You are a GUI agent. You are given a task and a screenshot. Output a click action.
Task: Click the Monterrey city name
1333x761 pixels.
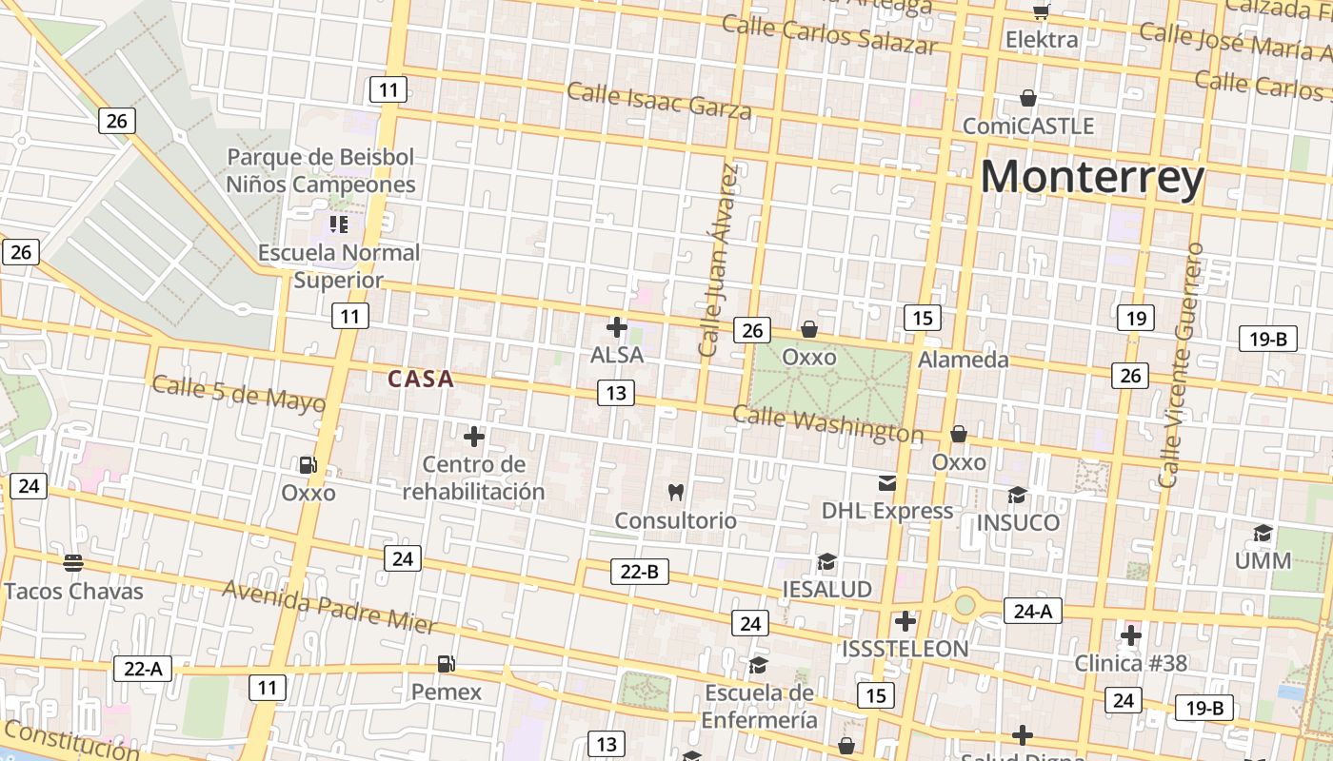click(x=1092, y=178)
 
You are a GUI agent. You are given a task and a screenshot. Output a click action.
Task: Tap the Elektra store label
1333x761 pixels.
click(x=1042, y=40)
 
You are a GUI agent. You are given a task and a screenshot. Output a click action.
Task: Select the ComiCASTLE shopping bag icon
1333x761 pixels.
click(x=1028, y=98)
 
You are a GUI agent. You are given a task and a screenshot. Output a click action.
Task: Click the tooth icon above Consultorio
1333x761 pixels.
click(x=676, y=492)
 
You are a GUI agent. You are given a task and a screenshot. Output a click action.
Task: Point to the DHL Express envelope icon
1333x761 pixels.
click(x=887, y=482)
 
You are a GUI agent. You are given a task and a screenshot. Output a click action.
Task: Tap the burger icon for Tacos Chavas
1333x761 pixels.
click(x=73, y=562)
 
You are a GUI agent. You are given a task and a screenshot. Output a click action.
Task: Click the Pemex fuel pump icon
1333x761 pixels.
click(x=446, y=663)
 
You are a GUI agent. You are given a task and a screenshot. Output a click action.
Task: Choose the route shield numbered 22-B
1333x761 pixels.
click(x=639, y=572)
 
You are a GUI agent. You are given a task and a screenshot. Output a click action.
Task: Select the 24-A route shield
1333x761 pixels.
click(x=1032, y=611)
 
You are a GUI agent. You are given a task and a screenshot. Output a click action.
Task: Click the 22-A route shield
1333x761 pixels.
click(x=143, y=668)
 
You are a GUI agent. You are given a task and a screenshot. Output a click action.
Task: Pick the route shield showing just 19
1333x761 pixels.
click(x=1135, y=318)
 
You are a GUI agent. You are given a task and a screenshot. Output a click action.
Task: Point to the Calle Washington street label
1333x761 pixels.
click(x=827, y=424)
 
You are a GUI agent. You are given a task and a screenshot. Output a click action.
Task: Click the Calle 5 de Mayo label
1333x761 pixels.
click(x=238, y=392)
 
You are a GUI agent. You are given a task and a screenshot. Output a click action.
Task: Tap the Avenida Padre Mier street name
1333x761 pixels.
click(x=328, y=606)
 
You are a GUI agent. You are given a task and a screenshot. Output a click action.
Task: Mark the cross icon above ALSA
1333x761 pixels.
click(x=617, y=327)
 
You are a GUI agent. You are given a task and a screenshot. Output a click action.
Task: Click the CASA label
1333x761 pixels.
click(x=421, y=380)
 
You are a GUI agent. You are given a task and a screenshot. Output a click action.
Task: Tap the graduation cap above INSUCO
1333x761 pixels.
click(x=1017, y=495)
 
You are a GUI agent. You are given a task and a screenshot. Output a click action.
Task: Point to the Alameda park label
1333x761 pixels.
click(x=963, y=360)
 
